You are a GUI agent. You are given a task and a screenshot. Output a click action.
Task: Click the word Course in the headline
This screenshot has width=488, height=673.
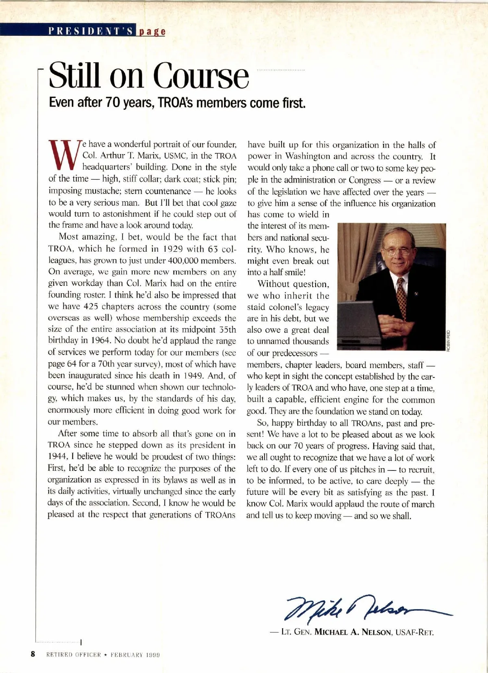pos(200,76)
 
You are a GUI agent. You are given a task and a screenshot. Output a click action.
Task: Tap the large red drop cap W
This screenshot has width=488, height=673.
pos(65,156)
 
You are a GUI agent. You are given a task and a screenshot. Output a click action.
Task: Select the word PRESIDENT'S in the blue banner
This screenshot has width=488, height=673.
pos(91,31)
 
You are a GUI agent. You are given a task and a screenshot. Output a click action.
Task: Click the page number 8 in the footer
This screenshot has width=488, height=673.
pos(33,654)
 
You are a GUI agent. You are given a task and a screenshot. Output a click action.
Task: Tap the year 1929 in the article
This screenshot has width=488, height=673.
pos(164,248)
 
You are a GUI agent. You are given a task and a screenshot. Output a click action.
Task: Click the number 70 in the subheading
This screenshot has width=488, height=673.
pos(111,102)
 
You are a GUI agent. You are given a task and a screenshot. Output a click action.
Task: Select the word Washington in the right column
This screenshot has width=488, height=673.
pos(307,157)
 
